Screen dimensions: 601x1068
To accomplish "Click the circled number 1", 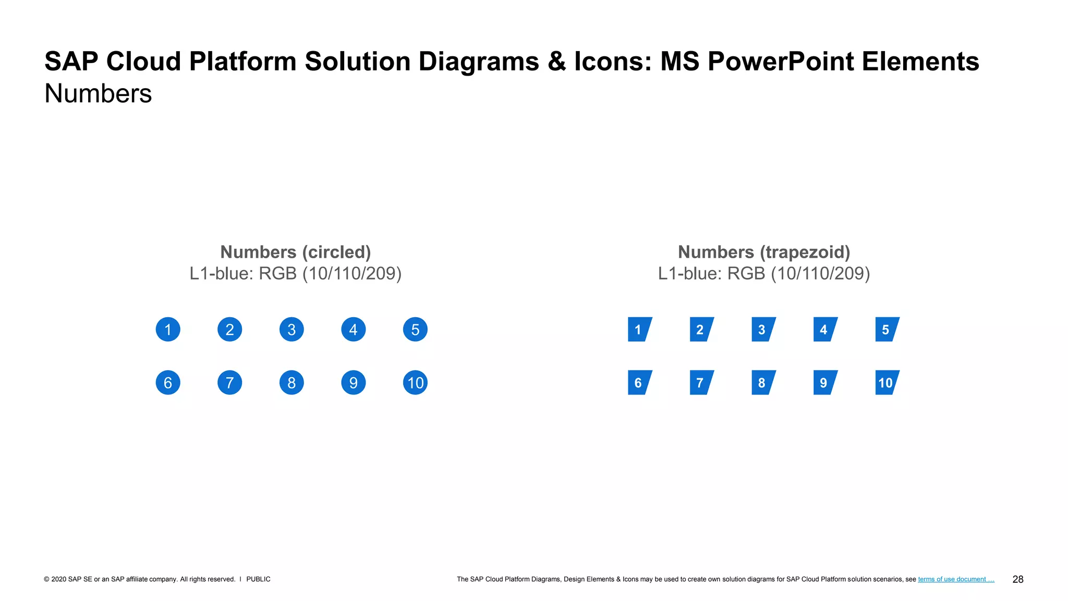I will pyautogui.click(x=168, y=329).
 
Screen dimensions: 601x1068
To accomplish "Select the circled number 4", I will pyautogui.click(x=353, y=329).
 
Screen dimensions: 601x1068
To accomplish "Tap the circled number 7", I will pyautogui.click(x=229, y=382).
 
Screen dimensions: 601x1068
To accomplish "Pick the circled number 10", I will pyautogui.click(x=415, y=382).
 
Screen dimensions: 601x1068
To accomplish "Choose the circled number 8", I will pyautogui.click(x=292, y=382).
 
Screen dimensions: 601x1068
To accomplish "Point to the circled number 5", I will pyautogui.click(x=415, y=329).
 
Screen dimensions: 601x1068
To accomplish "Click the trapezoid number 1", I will pyautogui.click(x=639, y=329).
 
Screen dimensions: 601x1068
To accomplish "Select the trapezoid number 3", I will pyautogui.click(x=762, y=329).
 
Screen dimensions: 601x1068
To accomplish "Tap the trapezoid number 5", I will pyautogui.click(x=886, y=329).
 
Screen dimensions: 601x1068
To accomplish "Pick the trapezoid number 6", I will pyautogui.click(x=639, y=382).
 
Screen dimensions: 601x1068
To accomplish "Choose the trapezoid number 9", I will pyautogui.click(x=824, y=382).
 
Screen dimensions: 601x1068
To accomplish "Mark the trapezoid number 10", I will pyautogui.click(x=886, y=382).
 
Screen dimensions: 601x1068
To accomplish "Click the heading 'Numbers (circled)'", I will pyautogui.click(x=295, y=252).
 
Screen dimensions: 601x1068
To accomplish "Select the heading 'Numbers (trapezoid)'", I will pyautogui.click(x=764, y=252).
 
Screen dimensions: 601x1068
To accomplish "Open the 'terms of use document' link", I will pyautogui.click(x=955, y=579).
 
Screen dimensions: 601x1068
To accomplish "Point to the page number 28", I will pyautogui.click(x=1017, y=579).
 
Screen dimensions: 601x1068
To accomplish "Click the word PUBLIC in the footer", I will pyautogui.click(x=258, y=579).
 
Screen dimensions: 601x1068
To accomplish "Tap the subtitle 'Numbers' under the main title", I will pyautogui.click(x=98, y=93).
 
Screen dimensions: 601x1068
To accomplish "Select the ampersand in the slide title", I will pyautogui.click(x=556, y=61).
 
